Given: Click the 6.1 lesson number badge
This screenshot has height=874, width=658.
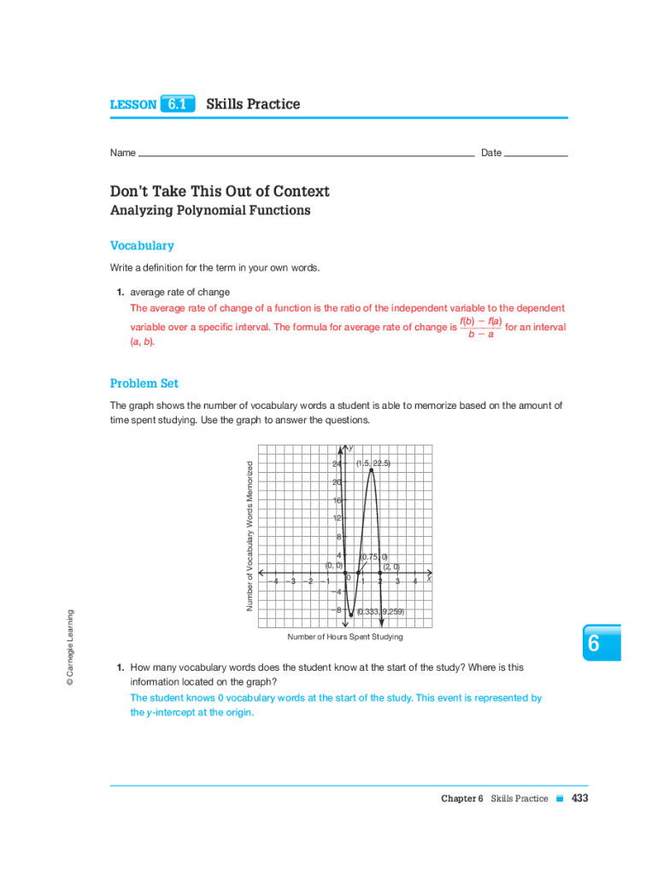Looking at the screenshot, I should coord(177,104).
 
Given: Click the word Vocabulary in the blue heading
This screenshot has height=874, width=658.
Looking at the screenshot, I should coord(142,246).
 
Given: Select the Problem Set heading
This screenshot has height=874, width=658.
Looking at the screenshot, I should coord(144,383).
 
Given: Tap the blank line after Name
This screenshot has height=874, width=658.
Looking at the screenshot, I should coord(306,154).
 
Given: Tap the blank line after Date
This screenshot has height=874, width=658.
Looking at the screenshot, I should coord(536,154).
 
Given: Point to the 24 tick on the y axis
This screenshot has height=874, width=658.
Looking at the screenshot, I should coord(337,463).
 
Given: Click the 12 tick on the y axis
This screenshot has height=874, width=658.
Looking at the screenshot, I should coord(338,518).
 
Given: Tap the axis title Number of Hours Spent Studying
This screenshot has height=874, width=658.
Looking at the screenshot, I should coord(345,637).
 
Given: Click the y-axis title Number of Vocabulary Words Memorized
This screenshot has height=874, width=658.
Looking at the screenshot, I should coord(250,536).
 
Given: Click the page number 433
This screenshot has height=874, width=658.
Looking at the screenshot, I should coord(580,798).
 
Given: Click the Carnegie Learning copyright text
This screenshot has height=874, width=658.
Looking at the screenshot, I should coord(71,647).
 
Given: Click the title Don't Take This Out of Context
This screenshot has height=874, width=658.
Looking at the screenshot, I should coord(220,191).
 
